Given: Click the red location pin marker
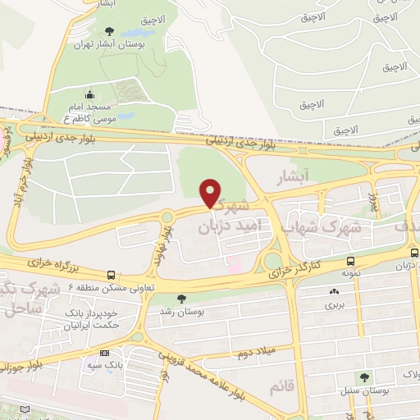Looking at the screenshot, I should pos(211,193).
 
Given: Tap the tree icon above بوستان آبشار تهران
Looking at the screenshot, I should pos(110,32).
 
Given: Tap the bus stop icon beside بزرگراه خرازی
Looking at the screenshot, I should pos(111,276).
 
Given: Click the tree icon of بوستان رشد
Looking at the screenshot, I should pos(181,298).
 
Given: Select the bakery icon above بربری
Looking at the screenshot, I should pos(333,291).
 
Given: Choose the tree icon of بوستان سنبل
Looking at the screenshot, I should pos(364,377).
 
